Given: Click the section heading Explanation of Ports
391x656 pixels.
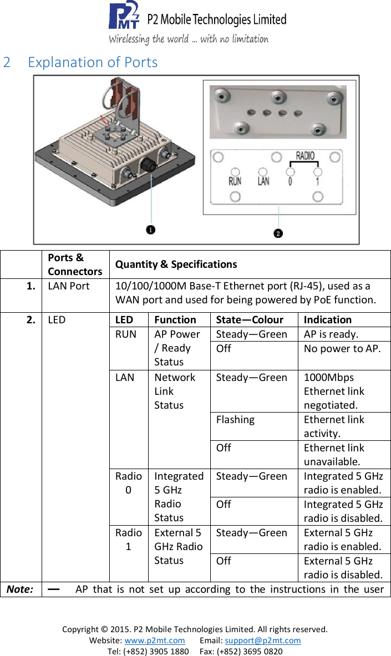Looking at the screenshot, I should [x=93, y=62].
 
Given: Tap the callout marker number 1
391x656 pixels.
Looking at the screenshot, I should [x=150, y=230].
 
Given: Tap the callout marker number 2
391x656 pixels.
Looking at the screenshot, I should [x=278, y=233].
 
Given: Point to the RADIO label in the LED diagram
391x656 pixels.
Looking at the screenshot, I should [x=304, y=156].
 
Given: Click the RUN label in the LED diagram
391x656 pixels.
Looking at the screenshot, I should [x=235, y=181].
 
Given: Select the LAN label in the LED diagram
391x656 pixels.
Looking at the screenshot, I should [x=263, y=181].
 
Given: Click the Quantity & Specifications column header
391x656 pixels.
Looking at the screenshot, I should [x=176, y=265].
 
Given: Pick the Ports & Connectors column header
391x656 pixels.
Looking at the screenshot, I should [x=74, y=265].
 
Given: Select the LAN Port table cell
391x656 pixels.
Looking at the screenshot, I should [x=68, y=286].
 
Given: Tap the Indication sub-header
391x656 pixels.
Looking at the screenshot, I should [x=327, y=320].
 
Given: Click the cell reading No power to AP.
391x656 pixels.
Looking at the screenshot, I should [x=342, y=349].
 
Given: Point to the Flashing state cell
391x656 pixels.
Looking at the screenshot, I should [x=235, y=420].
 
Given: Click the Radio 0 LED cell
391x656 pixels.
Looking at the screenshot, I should [x=128, y=483].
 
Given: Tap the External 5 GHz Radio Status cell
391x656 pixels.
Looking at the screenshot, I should [x=178, y=546].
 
